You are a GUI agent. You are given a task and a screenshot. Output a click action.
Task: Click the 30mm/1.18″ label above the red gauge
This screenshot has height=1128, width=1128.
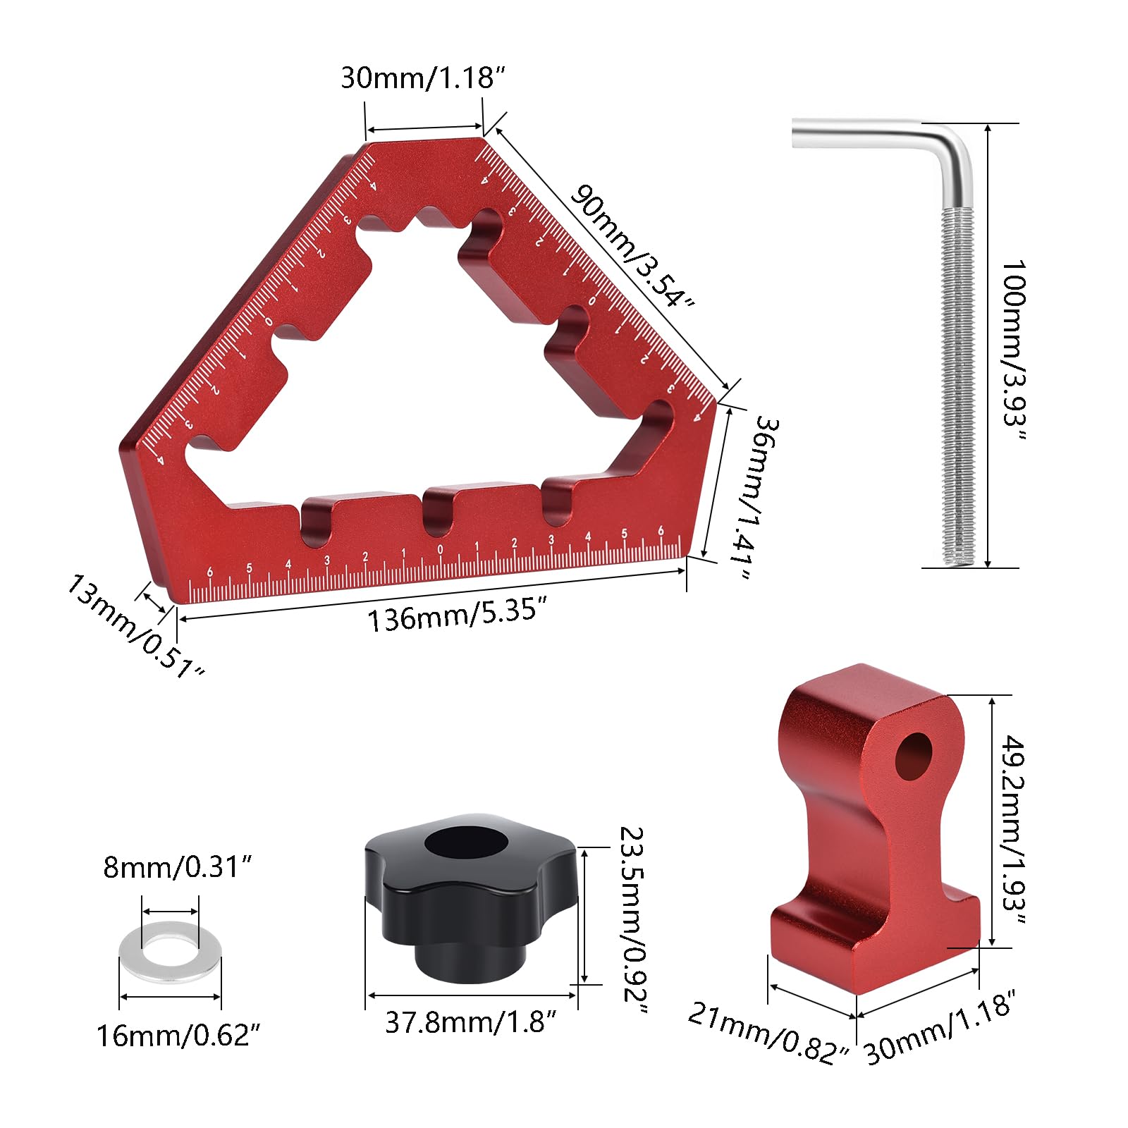click(423, 78)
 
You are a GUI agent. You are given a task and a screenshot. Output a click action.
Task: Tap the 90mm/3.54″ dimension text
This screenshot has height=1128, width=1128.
click(632, 246)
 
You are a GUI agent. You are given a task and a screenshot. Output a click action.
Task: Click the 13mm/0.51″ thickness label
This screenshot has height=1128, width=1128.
click(135, 626)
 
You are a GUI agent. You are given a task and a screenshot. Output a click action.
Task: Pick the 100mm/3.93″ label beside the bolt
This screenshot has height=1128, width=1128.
click(1014, 350)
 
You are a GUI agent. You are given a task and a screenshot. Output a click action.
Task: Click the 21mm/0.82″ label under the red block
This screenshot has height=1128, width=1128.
click(768, 1033)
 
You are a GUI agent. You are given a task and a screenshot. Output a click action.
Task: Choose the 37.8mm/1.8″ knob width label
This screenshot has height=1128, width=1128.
click(471, 1022)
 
